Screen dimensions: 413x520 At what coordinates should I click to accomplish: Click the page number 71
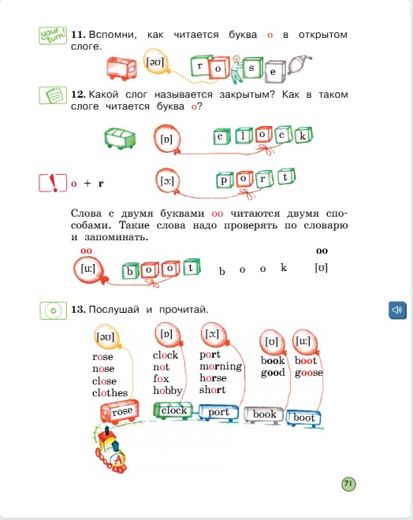tap(349, 483)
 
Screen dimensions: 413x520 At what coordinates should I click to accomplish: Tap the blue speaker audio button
tap(396, 310)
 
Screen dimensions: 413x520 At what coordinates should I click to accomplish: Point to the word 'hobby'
tap(167, 390)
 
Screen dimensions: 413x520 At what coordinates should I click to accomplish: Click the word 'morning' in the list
tap(221, 366)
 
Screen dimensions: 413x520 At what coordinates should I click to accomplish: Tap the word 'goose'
tap(308, 373)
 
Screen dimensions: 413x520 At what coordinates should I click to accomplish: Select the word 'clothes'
tap(110, 392)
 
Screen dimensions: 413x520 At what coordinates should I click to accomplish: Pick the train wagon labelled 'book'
tap(264, 414)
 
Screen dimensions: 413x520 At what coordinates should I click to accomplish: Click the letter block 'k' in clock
tap(301, 135)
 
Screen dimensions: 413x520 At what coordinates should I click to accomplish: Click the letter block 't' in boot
tap(189, 268)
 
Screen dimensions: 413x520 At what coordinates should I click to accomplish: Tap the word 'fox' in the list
tap(161, 378)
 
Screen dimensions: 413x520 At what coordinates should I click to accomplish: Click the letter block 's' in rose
tap(251, 68)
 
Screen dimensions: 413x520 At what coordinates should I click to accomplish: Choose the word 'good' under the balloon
tap(273, 373)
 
